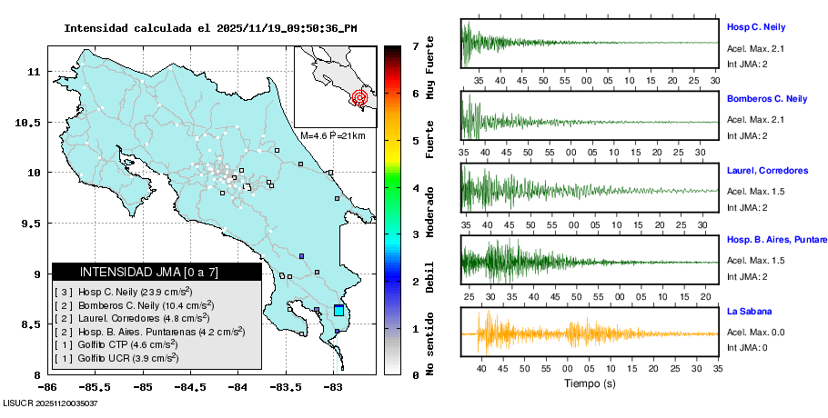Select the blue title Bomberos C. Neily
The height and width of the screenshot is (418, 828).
point(767,98)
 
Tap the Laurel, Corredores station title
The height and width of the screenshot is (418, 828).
point(767,170)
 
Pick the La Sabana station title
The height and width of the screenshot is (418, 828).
point(749,311)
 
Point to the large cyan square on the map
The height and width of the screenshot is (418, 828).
point(338,311)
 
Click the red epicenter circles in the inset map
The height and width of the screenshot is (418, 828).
point(359,96)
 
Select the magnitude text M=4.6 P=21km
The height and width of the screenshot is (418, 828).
point(332,136)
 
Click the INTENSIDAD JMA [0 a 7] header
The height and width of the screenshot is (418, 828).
point(157,272)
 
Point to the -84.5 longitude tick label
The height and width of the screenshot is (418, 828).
point(190,386)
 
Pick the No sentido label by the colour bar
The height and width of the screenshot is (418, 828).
point(429,342)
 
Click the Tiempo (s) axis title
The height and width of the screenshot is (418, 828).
point(590,383)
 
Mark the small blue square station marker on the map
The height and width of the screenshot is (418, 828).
point(301,256)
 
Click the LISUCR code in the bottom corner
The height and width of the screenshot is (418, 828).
point(50,403)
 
